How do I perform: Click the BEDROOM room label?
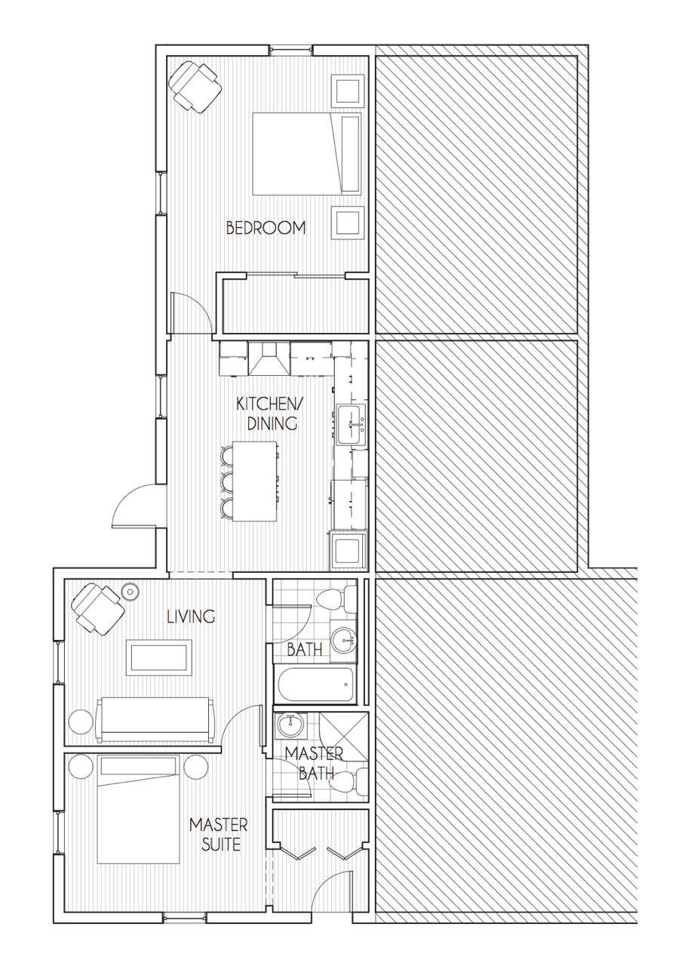(x=266, y=228)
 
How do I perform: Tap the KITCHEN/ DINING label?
(x=266, y=413)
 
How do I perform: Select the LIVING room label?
(x=190, y=616)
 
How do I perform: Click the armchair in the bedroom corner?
(x=195, y=87)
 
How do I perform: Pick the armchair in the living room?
(x=97, y=609)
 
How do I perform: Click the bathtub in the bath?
(x=315, y=684)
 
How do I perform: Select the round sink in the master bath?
(x=291, y=725)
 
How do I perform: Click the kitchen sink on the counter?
(x=351, y=425)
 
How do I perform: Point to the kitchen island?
(x=254, y=481)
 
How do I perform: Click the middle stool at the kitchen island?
(x=226, y=482)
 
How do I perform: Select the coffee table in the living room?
(x=159, y=658)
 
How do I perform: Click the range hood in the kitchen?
(x=269, y=358)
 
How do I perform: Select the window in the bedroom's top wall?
(x=290, y=50)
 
